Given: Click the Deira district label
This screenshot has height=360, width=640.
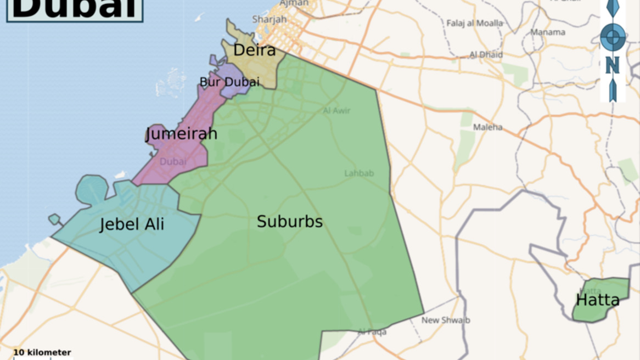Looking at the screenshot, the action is pos(254,50).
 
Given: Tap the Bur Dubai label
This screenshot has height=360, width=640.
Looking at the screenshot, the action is pos(229,82).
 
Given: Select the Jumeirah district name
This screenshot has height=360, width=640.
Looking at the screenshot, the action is pos(182,133).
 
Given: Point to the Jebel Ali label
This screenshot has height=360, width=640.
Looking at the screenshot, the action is pos(132,224).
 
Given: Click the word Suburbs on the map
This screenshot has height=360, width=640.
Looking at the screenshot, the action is pos(290,222).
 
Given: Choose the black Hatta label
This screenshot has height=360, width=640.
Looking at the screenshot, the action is pos(597,300).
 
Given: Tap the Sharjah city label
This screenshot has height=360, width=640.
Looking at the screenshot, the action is pos(270,19).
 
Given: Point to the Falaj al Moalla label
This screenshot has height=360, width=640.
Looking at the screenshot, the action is pos(474,23).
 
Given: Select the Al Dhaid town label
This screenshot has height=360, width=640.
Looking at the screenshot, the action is pos(486,55).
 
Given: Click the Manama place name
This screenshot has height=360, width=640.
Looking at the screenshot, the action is pos(547,32).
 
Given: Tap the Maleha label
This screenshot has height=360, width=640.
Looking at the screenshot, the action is pos(487,127).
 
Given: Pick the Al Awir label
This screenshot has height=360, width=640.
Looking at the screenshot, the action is pos(336,110).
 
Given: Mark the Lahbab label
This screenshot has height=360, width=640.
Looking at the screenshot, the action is pos(359,173).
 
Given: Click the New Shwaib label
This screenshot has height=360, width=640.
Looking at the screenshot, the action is pos(446,320).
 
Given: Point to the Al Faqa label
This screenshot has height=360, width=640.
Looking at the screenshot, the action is pos(372,331).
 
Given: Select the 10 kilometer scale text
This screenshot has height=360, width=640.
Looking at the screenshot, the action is pos(42,352).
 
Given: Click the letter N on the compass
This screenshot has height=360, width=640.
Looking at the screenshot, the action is pos(612,65).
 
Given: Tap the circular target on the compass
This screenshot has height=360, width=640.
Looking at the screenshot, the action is pos(613,37).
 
